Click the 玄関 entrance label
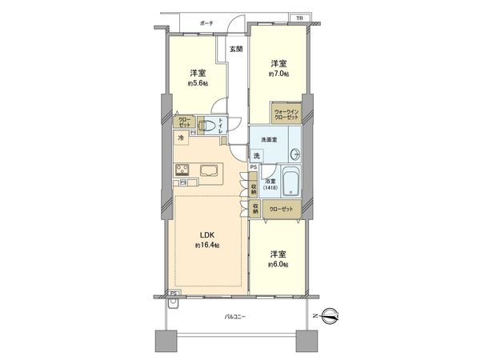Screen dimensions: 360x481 click(x=236, y=49)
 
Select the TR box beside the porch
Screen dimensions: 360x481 click(x=299, y=18)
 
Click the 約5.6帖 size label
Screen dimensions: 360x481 click(x=198, y=82)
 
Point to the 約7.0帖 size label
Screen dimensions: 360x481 click(x=278, y=74)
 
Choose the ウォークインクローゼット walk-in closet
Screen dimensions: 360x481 click(x=287, y=114)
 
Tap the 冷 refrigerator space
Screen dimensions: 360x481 click(x=182, y=138)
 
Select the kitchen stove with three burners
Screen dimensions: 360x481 click(x=184, y=169)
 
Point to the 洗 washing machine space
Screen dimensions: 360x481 click(x=257, y=155)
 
